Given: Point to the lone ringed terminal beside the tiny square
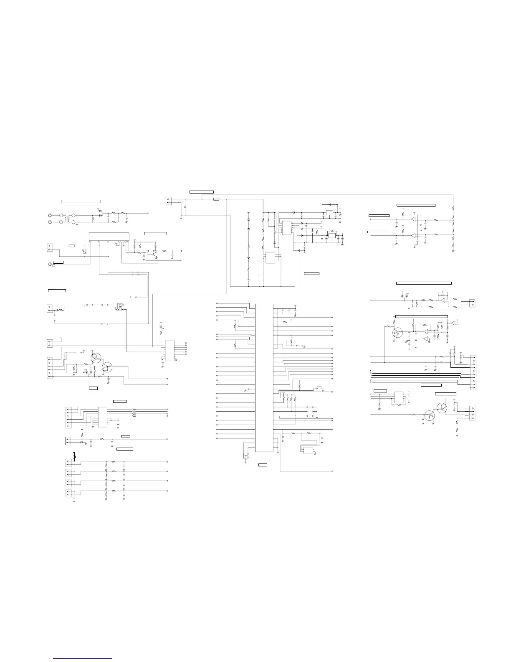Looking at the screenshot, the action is (51, 264).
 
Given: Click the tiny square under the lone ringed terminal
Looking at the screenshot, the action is (53, 266).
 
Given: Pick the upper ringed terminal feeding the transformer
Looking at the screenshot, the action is (51, 215).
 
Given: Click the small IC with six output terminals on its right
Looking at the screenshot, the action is (169, 351).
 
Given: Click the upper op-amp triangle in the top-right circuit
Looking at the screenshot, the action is (414, 219).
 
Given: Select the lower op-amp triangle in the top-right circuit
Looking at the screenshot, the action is (414, 236).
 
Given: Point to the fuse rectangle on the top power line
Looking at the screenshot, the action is (216, 199).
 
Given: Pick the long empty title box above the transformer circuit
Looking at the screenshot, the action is (81, 201).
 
